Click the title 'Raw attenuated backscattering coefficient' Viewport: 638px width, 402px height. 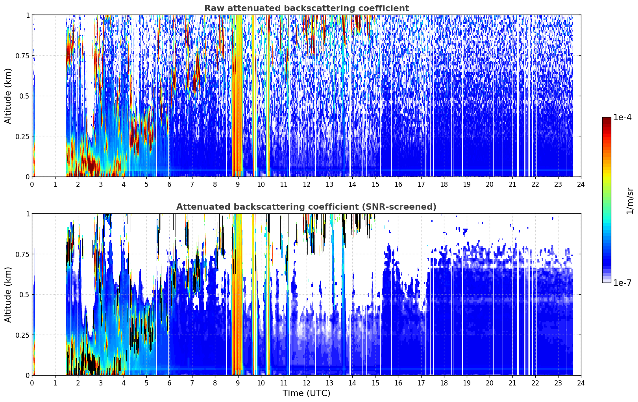(307, 8)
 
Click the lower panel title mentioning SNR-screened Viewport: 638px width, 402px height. (307, 207)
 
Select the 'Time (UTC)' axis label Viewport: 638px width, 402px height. (307, 393)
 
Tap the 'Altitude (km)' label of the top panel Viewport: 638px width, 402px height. (8, 96)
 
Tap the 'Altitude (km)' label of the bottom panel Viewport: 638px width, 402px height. (8, 294)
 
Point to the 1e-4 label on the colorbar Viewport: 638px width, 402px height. (622, 117)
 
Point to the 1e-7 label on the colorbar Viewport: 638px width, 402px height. (622, 283)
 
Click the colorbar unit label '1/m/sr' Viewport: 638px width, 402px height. (630, 201)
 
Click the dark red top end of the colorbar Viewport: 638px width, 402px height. (607, 119)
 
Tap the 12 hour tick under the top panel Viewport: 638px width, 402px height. (307, 184)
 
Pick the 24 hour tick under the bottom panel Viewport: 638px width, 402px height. (581, 383)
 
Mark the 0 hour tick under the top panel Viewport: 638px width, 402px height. (32, 184)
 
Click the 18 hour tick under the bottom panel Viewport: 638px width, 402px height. (444, 383)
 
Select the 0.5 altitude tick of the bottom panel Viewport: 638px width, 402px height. (24, 294)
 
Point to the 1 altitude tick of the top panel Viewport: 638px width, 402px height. (28, 15)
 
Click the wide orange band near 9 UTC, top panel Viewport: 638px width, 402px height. (237, 96)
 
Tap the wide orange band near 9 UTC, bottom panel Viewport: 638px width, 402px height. (237, 294)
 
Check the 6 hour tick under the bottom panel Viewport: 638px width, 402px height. (169, 383)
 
